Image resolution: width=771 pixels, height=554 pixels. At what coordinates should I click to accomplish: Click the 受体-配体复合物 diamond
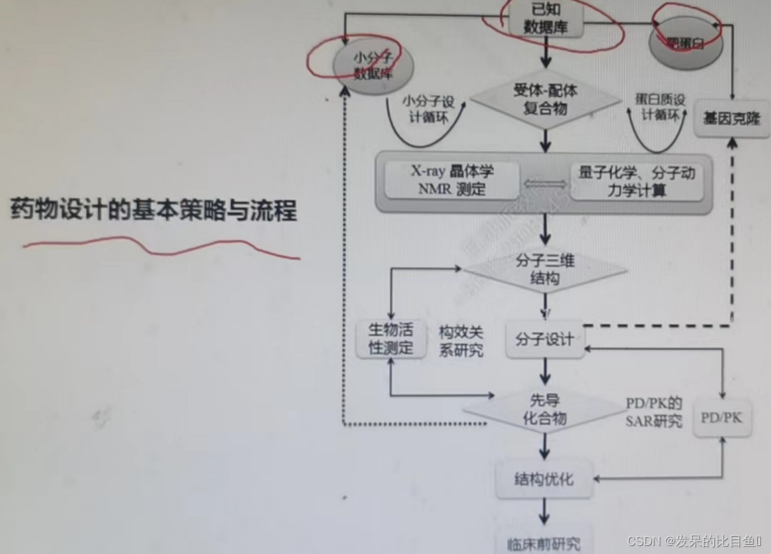tap(545, 98)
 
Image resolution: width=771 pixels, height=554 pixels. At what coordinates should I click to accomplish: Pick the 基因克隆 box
tap(731, 119)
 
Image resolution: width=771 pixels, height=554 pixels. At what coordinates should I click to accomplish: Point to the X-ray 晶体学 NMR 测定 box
tap(452, 180)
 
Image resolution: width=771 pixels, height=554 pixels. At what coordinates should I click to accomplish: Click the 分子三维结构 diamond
tap(545, 269)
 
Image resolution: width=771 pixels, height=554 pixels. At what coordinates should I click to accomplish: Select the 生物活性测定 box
tap(391, 339)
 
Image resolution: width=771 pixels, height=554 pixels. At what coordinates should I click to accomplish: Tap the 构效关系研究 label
tap(462, 340)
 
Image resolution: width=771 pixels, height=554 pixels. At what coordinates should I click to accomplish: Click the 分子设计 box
tap(545, 339)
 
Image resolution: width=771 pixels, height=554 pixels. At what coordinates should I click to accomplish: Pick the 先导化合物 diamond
tap(545, 409)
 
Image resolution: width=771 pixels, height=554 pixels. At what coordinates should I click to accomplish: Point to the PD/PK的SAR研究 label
tap(654, 412)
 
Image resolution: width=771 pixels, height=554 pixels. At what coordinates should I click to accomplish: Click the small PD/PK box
tap(721, 418)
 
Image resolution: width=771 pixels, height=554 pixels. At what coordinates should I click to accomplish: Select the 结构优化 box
tap(544, 479)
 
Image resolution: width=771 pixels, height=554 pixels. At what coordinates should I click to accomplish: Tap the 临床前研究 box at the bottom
tap(544, 541)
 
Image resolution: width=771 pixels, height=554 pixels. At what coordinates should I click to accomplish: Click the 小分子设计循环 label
tap(428, 109)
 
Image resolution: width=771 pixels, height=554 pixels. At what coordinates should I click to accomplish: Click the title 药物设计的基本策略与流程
tap(153, 210)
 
